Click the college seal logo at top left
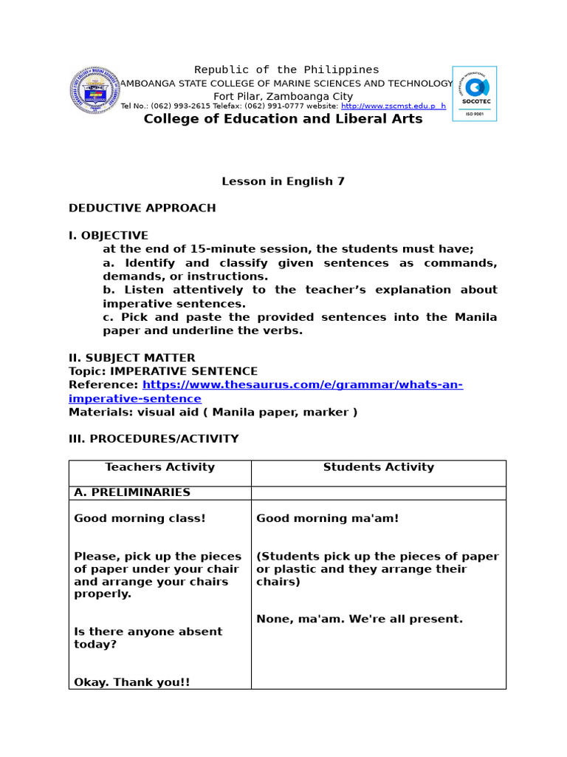coord(93,91)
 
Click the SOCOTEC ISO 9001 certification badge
coord(474,93)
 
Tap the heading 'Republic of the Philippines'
coord(286,69)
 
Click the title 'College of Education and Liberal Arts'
coord(283,119)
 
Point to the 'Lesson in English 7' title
coord(283,181)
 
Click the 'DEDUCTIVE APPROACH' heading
coord(142,208)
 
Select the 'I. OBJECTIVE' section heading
coord(109,235)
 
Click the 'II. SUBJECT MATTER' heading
coord(132,358)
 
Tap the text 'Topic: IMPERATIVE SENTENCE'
coord(163,371)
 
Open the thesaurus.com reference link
coord(302,385)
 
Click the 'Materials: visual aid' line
coord(213,412)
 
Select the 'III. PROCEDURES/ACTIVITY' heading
coord(154,438)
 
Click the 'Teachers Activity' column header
coord(159,467)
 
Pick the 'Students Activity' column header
coord(378,467)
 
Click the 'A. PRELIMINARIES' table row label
coord(132,492)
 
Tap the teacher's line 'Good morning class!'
coord(140,518)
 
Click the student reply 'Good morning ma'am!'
coord(327,518)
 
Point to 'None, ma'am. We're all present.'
coord(359,619)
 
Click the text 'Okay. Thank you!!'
coord(131,682)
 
